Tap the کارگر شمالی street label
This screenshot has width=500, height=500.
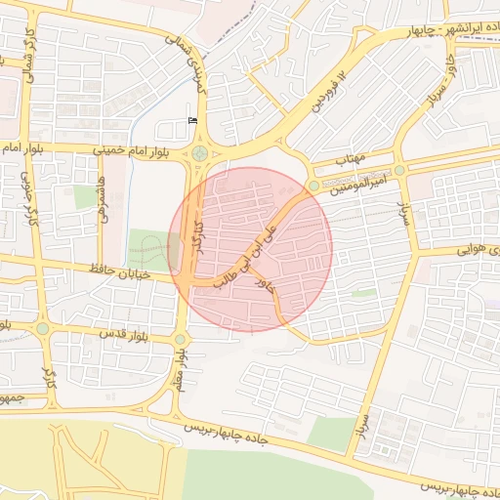28,54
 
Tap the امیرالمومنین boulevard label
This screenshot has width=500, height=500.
363,187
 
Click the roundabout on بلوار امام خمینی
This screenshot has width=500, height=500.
199,152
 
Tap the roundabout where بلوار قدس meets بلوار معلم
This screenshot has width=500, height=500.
180,339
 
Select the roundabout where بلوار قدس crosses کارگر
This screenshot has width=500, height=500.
43,328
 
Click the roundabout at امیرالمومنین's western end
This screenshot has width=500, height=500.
313,186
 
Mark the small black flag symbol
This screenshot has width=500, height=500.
191,120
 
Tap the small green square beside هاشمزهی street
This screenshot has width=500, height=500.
86,196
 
